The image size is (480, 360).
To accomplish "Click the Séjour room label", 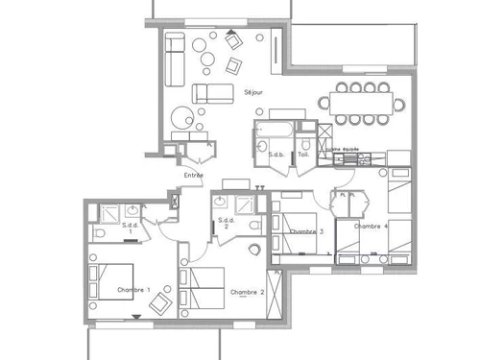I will point(253,93).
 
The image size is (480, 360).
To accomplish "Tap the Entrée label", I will point(193,176).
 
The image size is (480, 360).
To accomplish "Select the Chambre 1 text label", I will point(133,289).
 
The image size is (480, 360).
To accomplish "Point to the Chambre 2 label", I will point(247,291).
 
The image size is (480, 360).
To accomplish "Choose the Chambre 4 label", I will point(371,227).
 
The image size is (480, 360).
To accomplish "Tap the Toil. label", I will point(303,154).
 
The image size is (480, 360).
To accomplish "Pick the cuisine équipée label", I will point(344,150).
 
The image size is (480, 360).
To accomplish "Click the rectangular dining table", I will point(363,101).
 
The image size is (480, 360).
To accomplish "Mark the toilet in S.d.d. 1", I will point(100,233).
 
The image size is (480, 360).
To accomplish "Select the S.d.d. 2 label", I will point(227,223).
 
